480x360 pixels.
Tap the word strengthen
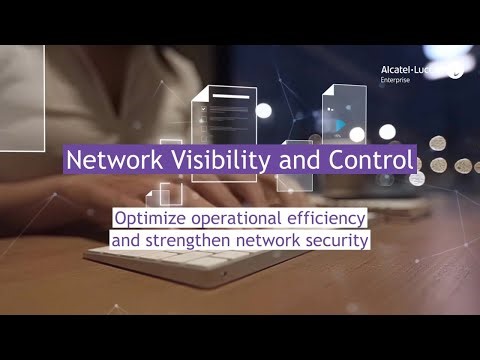pos(181,240)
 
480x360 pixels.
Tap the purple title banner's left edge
pos(64,160)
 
